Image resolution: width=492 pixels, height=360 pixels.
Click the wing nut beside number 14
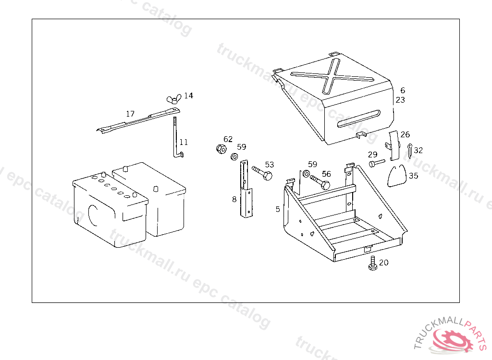pyautogui.click(x=174, y=99)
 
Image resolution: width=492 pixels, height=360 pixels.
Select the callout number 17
pyautogui.click(x=130, y=114)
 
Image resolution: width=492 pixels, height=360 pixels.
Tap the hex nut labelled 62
pyautogui.click(x=221, y=149)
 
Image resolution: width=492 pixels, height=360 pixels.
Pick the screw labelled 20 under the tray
pyautogui.click(x=373, y=263)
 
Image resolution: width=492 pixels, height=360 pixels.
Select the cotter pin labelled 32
pyautogui.click(x=410, y=151)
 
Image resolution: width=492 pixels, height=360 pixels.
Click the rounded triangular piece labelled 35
pyautogui.click(x=397, y=177)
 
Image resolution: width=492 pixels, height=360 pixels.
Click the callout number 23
pyautogui.click(x=400, y=100)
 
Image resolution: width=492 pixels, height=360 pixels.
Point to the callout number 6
pyautogui.click(x=403, y=90)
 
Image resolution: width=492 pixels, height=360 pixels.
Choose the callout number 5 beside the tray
pyautogui.click(x=278, y=209)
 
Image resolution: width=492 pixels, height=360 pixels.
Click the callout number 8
pyautogui.click(x=234, y=199)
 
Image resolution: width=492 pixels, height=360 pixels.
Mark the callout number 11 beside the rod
pyautogui.click(x=184, y=143)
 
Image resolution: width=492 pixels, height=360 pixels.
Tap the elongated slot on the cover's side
pyautogui.click(x=358, y=119)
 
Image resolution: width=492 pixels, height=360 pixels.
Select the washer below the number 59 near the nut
pyautogui.click(x=234, y=156)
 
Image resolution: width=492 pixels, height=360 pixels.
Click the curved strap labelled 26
pyautogui.click(x=394, y=145)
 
